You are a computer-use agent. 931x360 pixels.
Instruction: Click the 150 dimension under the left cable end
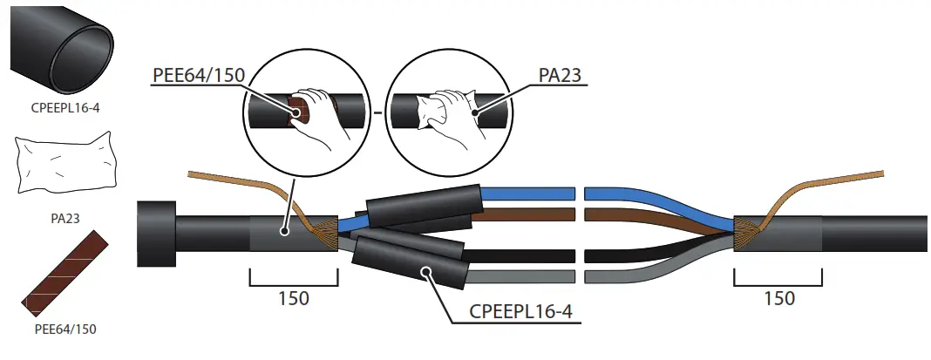click(293, 297)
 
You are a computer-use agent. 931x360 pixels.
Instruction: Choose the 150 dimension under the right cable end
click(778, 297)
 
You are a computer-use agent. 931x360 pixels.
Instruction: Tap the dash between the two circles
click(378, 114)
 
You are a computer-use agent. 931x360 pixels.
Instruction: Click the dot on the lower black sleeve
click(426, 272)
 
